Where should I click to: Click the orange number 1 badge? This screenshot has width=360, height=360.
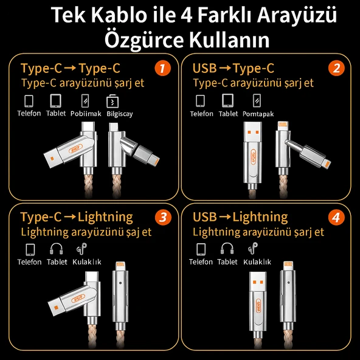[x=162, y=68]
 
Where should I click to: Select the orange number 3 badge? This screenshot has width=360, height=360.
[x=162, y=217]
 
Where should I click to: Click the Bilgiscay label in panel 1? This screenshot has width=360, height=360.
[x=119, y=114]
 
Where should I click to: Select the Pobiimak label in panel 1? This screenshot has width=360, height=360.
[x=85, y=114]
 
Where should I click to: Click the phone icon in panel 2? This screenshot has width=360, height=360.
[x=201, y=100]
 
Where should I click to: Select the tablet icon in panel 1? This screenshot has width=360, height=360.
[x=57, y=100]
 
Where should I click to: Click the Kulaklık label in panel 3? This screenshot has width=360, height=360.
[x=86, y=262]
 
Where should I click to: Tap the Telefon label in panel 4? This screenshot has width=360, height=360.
[x=201, y=262]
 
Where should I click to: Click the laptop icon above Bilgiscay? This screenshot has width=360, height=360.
[x=112, y=100]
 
